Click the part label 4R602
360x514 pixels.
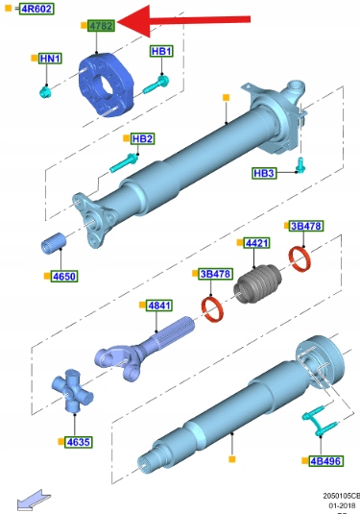(36, 9)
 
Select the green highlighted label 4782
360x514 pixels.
(101, 26)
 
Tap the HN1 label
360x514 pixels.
(50, 59)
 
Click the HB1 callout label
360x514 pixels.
(161, 51)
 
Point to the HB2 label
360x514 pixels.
(142, 138)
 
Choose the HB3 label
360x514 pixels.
(264, 173)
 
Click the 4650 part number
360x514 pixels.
(64, 277)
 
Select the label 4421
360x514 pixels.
(257, 243)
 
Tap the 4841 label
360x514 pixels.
(159, 306)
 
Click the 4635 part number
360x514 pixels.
(78, 442)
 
